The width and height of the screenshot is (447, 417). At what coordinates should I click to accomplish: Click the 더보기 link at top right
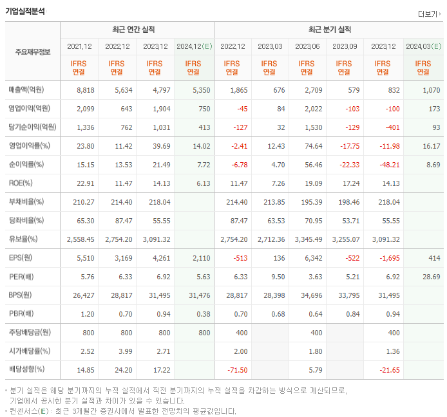[x=429, y=14]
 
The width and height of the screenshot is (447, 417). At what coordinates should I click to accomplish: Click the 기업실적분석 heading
[x=25, y=10]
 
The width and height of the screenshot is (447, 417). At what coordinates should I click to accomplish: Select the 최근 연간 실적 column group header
[x=137, y=30]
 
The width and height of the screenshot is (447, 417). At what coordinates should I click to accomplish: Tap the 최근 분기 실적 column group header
[x=328, y=30]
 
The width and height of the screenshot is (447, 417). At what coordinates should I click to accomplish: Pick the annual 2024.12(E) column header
[x=193, y=46]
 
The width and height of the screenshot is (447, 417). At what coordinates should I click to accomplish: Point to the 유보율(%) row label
[x=23, y=239]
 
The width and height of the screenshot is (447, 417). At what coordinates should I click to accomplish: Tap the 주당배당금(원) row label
[x=29, y=333]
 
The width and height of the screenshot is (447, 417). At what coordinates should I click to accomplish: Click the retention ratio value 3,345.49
[x=307, y=239]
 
